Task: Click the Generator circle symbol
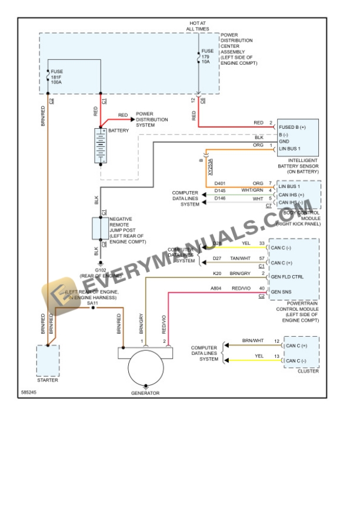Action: click(145, 367)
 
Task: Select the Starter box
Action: click(48, 360)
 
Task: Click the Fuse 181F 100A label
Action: click(57, 77)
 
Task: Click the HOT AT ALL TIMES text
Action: click(197, 25)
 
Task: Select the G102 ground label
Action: click(101, 272)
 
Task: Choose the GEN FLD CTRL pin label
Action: click(286, 276)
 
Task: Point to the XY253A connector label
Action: click(209, 168)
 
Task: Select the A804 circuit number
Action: click(216, 288)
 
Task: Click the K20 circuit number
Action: click(218, 273)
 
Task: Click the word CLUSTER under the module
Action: click(308, 371)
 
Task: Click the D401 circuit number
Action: click(219, 183)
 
